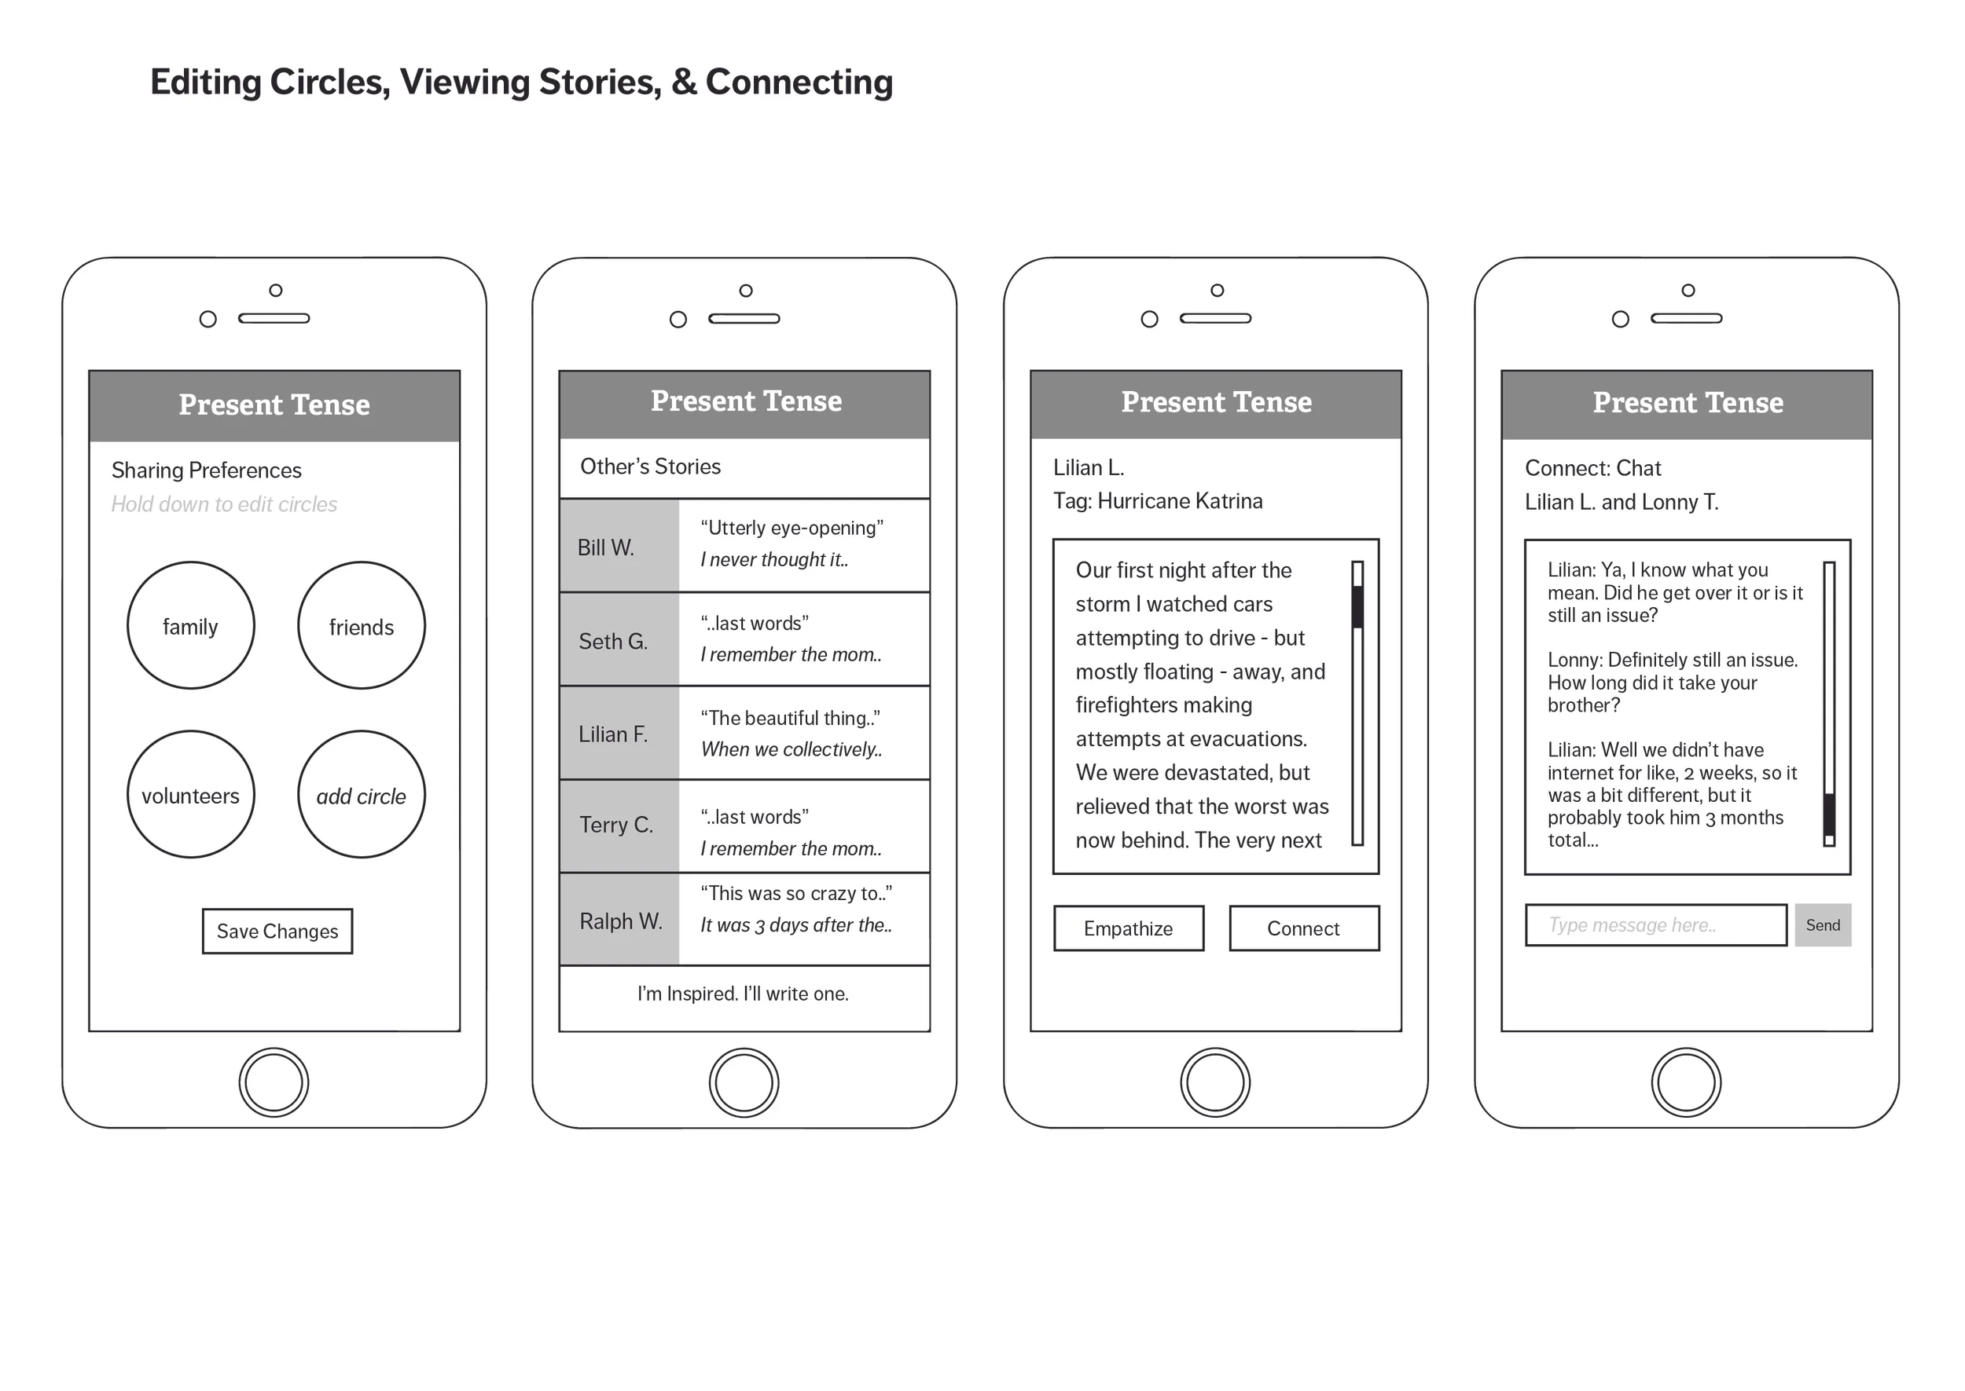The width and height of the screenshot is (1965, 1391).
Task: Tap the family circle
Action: pyautogui.click(x=190, y=626)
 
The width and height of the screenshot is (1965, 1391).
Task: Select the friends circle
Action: pyautogui.click(x=361, y=626)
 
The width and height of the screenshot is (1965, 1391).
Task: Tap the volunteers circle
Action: pyautogui.click(x=190, y=795)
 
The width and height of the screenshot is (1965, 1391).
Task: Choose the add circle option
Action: pyautogui.click(x=361, y=795)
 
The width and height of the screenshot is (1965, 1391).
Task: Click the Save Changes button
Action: pyautogui.click(x=277, y=931)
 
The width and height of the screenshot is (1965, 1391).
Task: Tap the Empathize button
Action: pyautogui.click(x=1128, y=928)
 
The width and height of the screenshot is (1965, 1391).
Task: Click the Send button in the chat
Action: pyautogui.click(x=1822, y=925)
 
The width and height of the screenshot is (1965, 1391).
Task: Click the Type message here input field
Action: pyautogui.click(x=1655, y=925)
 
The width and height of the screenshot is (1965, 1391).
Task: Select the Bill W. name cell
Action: pyautogui.click(x=619, y=547)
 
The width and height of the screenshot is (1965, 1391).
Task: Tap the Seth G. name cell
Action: pyautogui.click(x=619, y=641)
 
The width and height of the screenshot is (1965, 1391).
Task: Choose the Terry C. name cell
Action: pyautogui.click(x=619, y=825)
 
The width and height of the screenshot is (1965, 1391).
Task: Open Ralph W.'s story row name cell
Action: pyautogui.click(x=619, y=921)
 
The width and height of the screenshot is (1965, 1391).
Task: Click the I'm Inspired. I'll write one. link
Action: pyautogui.click(x=743, y=994)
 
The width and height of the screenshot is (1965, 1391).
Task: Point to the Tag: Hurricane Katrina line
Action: pyautogui.click(x=1157, y=501)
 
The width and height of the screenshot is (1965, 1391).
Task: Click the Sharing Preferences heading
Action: pyautogui.click(x=207, y=470)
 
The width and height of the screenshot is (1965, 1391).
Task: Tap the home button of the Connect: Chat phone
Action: pyautogui.click(x=1686, y=1082)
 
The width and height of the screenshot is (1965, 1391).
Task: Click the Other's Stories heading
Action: pyautogui.click(x=651, y=467)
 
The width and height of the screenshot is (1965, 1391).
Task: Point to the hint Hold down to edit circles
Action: pyautogui.click(x=225, y=504)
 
